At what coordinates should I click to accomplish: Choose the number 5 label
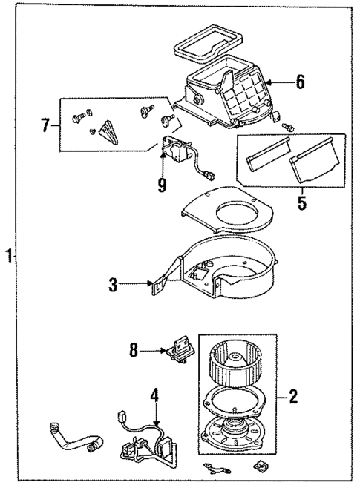301,201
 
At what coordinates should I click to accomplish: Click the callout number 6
299,82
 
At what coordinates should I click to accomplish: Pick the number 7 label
46,125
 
